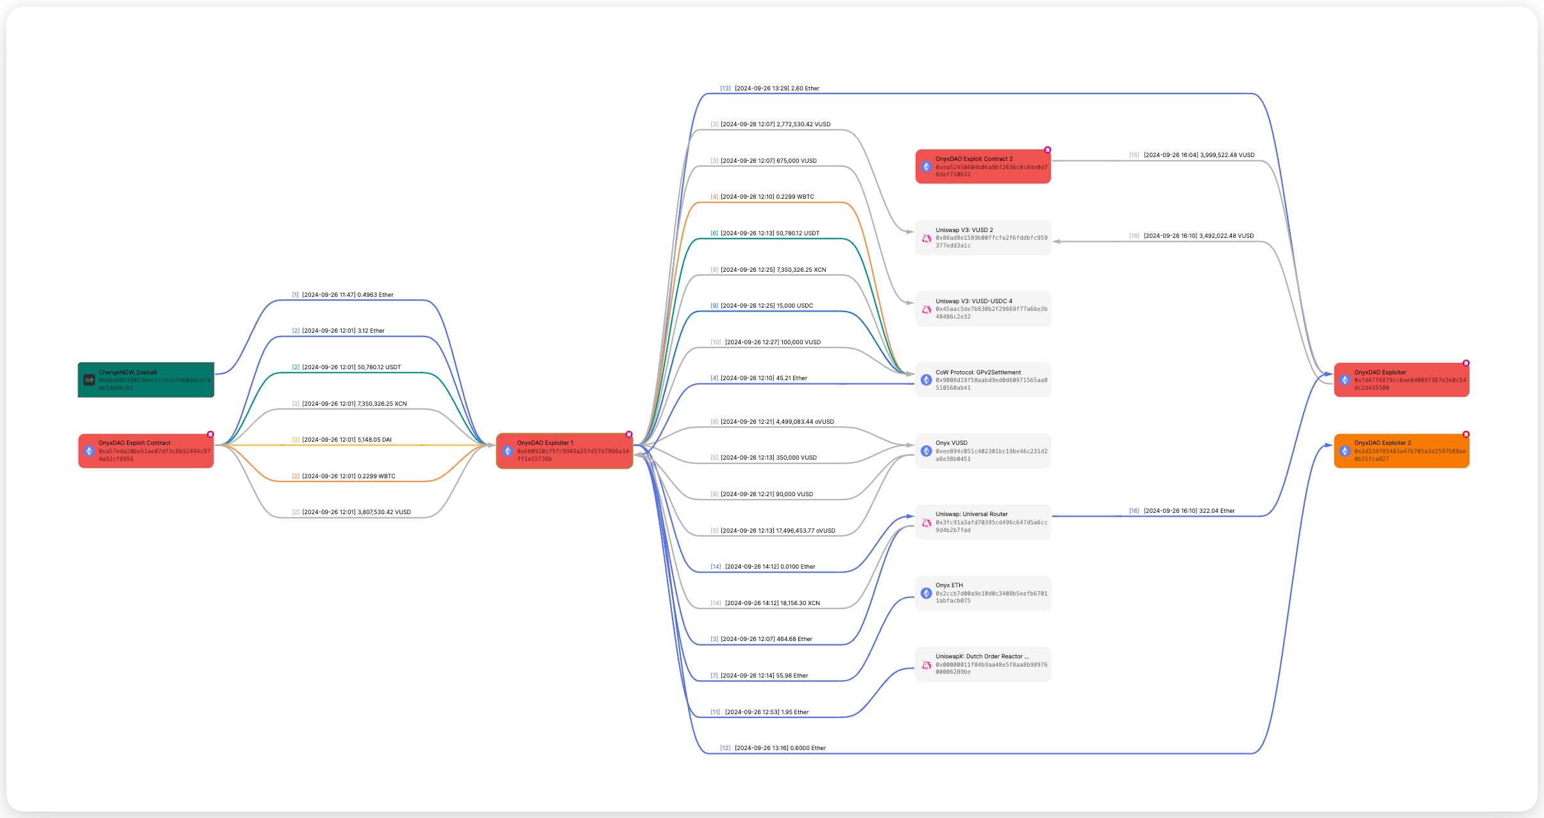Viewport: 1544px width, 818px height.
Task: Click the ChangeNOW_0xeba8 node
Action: pyautogui.click(x=146, y=380)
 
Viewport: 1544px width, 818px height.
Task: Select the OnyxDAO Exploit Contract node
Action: pyautogui.click(x=146, y=451)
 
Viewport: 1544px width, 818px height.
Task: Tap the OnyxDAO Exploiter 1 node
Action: pyautogui.click(x=564, y=451)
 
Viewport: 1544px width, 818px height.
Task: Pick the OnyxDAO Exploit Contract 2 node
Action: pyautogui.click(x=983, y=167)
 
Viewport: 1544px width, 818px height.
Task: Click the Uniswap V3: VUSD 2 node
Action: pyautogui.click(x=983, y=238)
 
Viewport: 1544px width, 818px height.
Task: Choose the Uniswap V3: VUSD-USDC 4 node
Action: pyautogui.click(x=983, y=309)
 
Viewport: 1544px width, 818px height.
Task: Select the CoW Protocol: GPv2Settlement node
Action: pyautogui.click(x=983, y=380)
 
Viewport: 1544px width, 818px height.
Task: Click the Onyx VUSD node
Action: pyautogui.click(x=983, y=451)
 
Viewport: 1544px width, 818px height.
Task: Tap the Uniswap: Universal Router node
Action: pyautogui.click(x=983, y=522)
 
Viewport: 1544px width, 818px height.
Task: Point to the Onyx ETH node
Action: pyautogui.click(x=983, y=593)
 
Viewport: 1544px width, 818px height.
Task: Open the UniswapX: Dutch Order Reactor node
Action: pyautogui.click(x=983, y=664)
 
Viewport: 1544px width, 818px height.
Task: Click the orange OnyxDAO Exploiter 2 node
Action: pyautogui.click(x=1402, y=451)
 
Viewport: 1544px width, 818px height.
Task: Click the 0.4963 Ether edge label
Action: pyautogui.click(x=348, y=295)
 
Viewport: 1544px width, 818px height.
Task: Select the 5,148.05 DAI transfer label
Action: pyautogui.click(x=346, y=440)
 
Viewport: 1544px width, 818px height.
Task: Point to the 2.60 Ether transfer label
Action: pyautogui.click(x=776, y=88)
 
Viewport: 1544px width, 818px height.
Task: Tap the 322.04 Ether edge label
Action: pyautogui.click(x=1189, y=511)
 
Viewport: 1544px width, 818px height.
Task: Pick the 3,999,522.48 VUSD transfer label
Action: pyautogui.click(x=1198, y=155)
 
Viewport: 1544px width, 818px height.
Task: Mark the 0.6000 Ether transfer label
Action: pyautogui.click(x=780, y=748)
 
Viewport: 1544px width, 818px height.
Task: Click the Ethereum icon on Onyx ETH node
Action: pyautogui.click(x=927, y=594)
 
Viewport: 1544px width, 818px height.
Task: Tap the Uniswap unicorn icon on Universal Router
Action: pyautogui.click(x=927, y=523)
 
